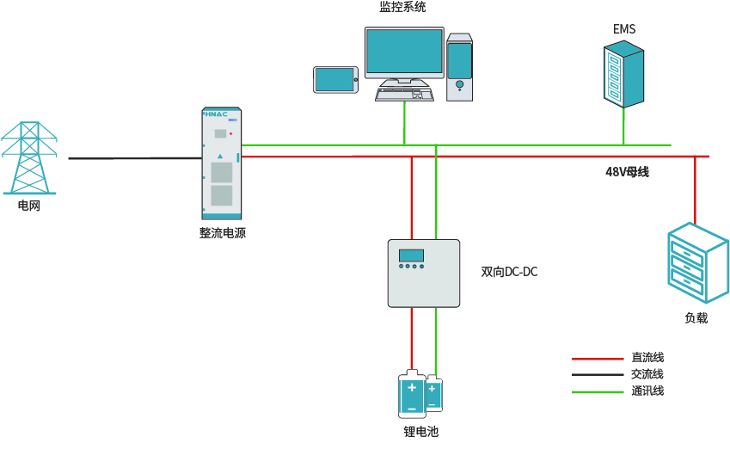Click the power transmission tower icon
29,158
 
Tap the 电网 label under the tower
29,206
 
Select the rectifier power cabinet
222,163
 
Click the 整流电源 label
223,232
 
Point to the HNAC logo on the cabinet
216,114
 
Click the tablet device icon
334,80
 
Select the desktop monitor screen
403,52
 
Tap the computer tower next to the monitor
459,67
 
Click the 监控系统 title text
402,8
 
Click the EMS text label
624,29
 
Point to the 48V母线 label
627,172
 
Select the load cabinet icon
697,263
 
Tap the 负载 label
696,317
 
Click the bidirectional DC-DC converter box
423,273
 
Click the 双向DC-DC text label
509,273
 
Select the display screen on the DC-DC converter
411,255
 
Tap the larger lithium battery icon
412,395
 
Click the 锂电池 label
420,432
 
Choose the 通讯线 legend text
647,391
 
